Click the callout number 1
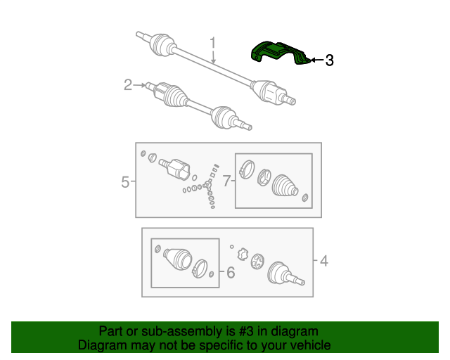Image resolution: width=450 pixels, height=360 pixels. click(212, 44)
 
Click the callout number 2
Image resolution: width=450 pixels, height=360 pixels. click(128, 85)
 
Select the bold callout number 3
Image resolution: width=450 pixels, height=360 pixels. click(328, 60)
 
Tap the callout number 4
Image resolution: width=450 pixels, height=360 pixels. click(323, 262)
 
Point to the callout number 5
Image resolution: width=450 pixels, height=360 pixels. click(125, 182)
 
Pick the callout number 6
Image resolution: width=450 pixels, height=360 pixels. click(230, 272)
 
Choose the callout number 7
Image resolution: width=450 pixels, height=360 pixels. click(226, 181)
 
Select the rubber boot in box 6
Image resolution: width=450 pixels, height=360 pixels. click(176, 258)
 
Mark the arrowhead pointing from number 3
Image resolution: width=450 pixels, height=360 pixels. click(312, 60)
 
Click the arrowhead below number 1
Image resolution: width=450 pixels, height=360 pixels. click(213, 63)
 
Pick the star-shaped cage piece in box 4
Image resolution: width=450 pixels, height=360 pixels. click(243, 254)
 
